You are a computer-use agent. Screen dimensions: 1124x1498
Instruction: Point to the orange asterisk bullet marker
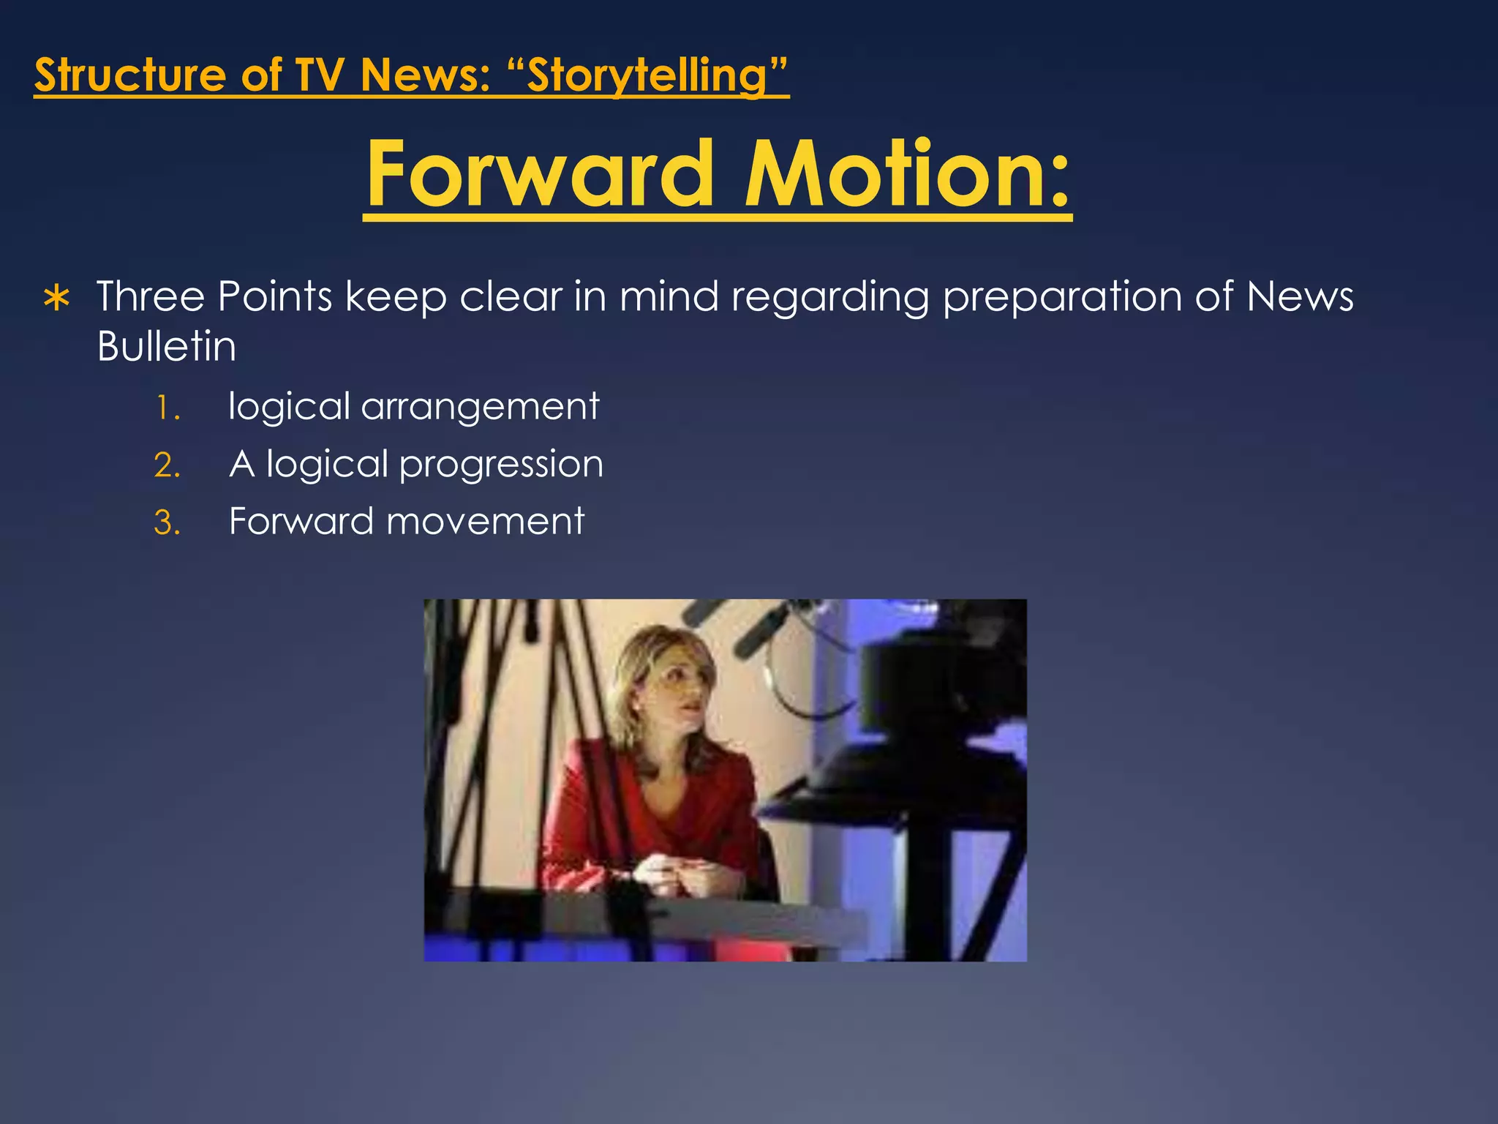click(x=57, y=299)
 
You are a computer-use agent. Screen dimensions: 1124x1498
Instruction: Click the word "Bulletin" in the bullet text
click(x=167, y=346)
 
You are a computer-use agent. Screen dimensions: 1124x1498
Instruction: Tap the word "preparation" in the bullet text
click(x=1062, y=298)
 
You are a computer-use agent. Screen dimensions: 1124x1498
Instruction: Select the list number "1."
click(x=168, y=408)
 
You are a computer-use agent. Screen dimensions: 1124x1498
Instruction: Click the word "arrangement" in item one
click(x=480, y=407)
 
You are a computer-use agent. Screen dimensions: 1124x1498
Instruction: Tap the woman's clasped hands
click(x=673, y=874)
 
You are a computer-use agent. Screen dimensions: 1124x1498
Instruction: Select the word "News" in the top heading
click(x=424, y=75)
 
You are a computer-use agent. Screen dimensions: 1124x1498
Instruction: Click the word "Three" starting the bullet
click(x=151, y=297)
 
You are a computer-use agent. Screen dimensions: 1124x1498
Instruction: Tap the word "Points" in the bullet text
click(x=275, y=297)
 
